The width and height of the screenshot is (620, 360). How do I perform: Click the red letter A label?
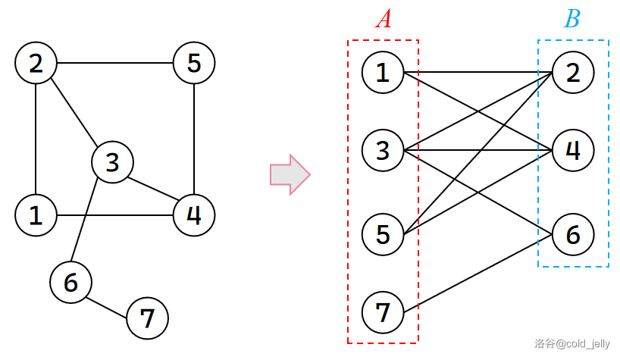[384, 19]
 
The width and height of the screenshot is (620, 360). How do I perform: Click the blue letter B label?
[572, 19]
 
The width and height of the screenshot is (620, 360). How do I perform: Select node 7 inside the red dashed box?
[383, 311]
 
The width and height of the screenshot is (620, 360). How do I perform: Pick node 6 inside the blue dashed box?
[573, 235]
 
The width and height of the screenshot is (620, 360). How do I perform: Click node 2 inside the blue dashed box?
[573, 73]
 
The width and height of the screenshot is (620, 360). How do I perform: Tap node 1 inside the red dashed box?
[383, 73]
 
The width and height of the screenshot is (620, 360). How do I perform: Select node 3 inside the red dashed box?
[383, 150]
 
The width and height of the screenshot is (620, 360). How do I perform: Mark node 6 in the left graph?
[70, 283]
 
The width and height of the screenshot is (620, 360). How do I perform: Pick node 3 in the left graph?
[112, 161]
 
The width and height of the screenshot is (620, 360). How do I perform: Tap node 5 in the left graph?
[194, 63]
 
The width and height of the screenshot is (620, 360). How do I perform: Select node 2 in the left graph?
[36, 63]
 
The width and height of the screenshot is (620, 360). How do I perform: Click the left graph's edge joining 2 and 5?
[114, 63]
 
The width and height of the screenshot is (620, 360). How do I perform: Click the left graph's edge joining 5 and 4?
[194, 136]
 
